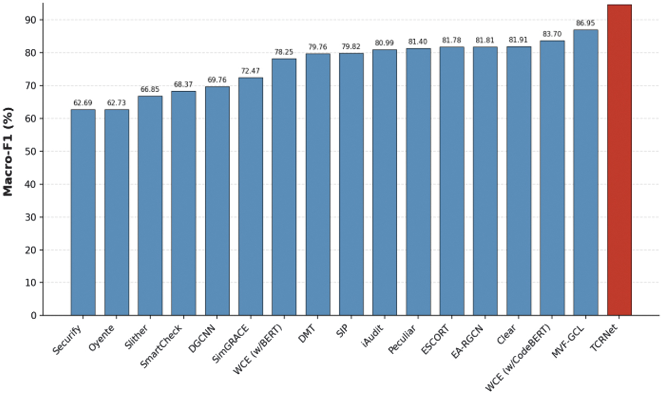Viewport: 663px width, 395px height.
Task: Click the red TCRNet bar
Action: click(619, 160)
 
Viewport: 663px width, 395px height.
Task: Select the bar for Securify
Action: click(83, 213)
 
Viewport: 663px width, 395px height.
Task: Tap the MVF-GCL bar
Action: click(586, 172)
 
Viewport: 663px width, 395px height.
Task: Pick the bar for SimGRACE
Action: click(250, 197)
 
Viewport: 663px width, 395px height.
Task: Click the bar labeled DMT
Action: click(318, 185)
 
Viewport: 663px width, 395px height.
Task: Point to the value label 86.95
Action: click(586, 23)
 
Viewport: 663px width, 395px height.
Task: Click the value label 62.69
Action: click(83, 103)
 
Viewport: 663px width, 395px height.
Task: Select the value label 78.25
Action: click(284, 52)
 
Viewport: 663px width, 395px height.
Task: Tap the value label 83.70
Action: click(552, 34)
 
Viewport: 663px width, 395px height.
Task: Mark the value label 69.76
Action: click(216, 80)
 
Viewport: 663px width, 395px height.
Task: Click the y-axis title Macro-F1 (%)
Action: click(8, 152)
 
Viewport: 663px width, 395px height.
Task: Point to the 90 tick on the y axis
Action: click(30, 20)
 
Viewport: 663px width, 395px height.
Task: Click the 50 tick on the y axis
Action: click(30, 151)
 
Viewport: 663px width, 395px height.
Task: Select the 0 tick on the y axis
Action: click(33, 315)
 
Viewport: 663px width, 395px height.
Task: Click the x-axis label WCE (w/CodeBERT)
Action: click(518, 357)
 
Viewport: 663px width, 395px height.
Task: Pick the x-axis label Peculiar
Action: click(402, 339)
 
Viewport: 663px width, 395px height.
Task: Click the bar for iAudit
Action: click(385, 182)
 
